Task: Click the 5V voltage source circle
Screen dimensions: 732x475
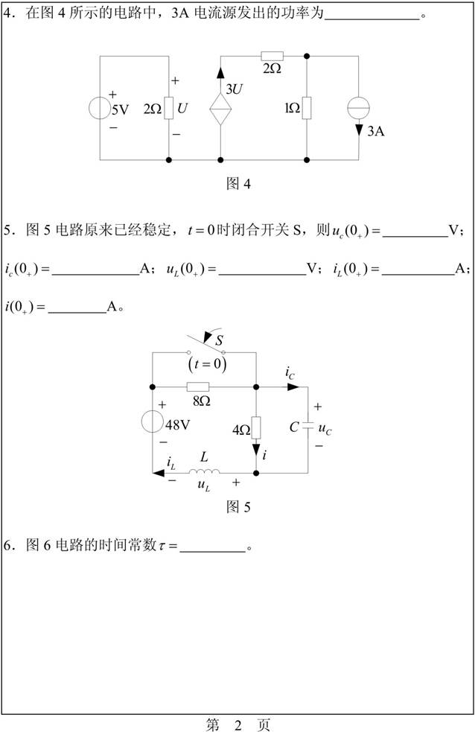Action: click(x=101, y=107)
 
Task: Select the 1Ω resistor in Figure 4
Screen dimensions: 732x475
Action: click(x=307, y=108)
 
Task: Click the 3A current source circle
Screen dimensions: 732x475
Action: click(x=359, y=108)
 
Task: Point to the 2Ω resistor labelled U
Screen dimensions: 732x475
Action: click(x=169, y=108)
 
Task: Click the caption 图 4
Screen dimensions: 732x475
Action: click(x=238, y=183)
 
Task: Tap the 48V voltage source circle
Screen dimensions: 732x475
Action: click(x=153, y=422)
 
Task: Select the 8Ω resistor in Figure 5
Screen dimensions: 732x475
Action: click(x=198, y=386)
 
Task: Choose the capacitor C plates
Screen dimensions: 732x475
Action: click(x=307, y=428)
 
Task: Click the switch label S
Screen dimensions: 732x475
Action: click(x=220, y=342)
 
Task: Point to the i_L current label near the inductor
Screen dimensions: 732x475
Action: click(x=171, y=465)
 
